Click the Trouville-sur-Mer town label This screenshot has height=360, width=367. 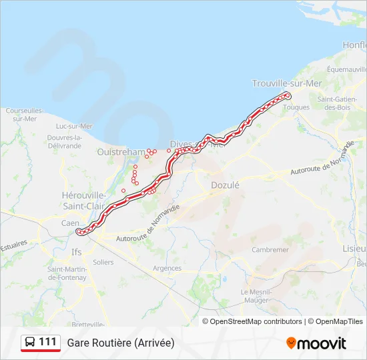(x=286, y=83)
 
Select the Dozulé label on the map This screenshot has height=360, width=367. (x=224, y=185)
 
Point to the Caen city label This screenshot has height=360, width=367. (x=70, y=223)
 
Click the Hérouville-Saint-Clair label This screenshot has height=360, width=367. (x=83, y=200)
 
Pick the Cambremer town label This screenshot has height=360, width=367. (x=270, y=249)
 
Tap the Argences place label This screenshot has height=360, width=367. (x=167, y=268)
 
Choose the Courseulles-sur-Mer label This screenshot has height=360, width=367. (x=25, y=115)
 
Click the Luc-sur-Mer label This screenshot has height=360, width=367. (x=74, y=125)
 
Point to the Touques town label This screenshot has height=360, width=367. (x=297, y=107)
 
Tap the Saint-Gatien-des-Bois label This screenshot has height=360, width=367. (x=334, y=103)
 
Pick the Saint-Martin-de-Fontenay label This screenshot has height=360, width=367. (x=67, y=273)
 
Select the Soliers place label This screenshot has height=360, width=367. (x=103, y=262)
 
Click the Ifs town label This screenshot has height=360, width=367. (x=77, y=252)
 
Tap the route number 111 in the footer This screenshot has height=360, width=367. (x=47, y=342)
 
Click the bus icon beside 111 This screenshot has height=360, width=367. (x=30, y=342)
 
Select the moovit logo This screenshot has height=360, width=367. (x=316, y=343)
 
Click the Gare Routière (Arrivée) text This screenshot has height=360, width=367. (x=120, y=343)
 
